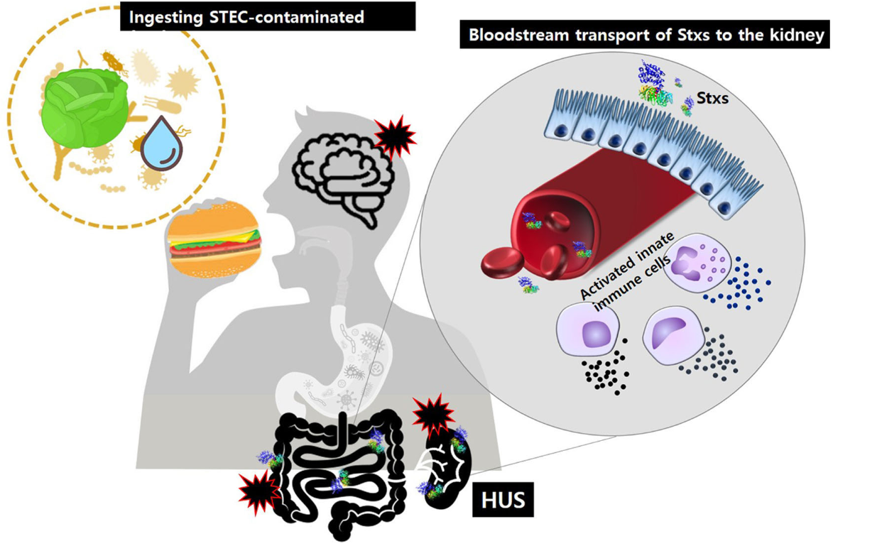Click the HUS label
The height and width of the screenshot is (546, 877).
[x=503, y=500]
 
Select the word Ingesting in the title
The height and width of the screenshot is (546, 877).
[x=168, y=17]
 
